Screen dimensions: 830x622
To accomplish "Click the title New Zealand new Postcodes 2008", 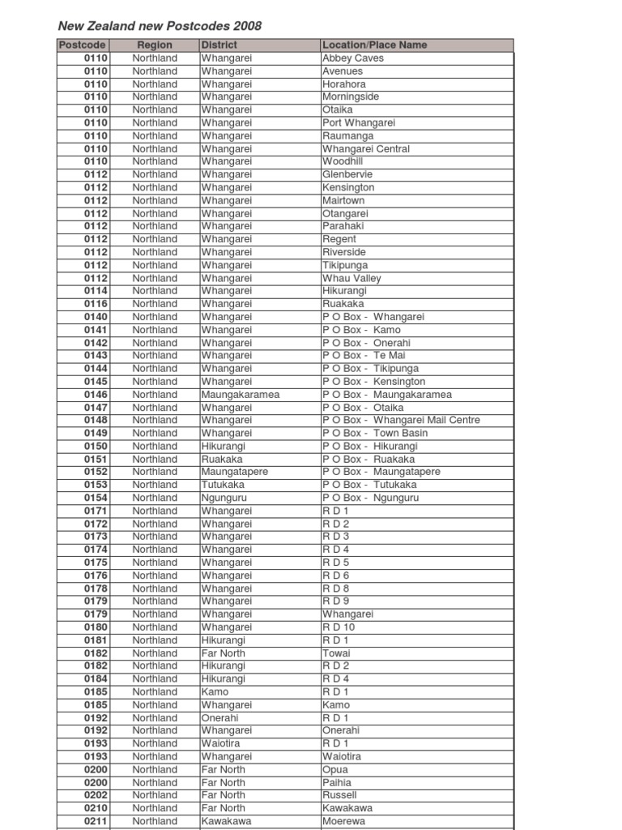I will [x=160, y=26].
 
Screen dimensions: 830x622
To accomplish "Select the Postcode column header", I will [x=82, y=45].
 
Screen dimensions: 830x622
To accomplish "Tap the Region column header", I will [x=155, y=45].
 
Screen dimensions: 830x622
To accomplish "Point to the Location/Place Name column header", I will [x=374, y=45].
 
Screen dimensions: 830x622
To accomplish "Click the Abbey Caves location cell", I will [x=353, y=58].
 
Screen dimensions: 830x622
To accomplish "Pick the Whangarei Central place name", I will [x=366, y=149].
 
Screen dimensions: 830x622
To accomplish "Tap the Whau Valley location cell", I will [x=351, y=278].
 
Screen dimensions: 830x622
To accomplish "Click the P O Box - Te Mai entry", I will [x=364, y=355].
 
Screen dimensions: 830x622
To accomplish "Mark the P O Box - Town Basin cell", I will [x=375, y=433].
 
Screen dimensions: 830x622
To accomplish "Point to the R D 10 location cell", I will [x=339, y=627].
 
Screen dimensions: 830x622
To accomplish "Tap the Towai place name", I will [x=335, y=653].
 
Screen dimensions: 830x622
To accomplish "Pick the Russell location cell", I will [x=339, y=795].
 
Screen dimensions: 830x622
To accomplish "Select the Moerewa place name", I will [x=343, y=821].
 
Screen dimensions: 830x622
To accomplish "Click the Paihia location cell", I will [x=337, y=782].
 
